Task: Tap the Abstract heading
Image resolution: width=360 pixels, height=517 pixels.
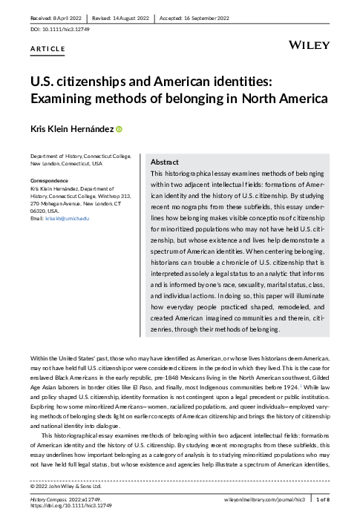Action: pyautogui.click(x=164, y=162)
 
